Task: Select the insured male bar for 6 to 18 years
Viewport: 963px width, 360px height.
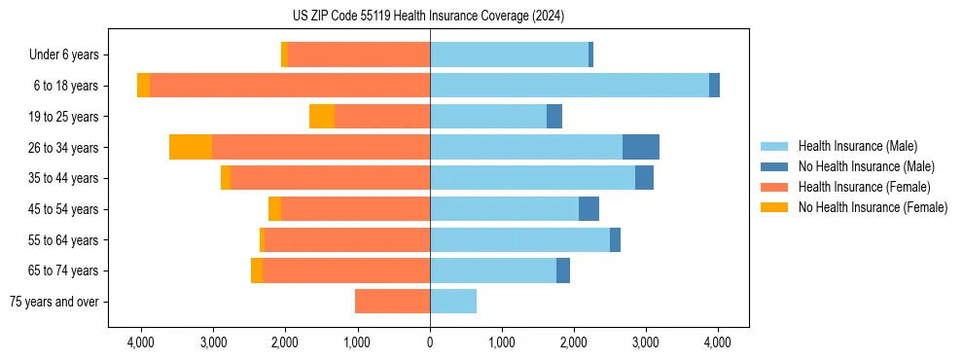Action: point(569,86)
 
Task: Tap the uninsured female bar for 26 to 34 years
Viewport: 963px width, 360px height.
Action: point(191,147)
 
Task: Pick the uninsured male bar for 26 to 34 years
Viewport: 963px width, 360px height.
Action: point(641,147)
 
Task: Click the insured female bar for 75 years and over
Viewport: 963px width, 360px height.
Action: point(392,302)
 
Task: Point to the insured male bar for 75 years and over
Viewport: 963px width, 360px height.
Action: point(453,302)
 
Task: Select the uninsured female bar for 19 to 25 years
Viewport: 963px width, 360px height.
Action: point(322,117)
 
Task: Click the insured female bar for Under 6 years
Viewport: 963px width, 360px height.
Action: point(359,54)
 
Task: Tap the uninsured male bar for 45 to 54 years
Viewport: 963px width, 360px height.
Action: point(588,209)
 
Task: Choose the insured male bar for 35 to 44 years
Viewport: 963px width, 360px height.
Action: point(532,178)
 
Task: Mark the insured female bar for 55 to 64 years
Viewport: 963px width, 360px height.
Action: point(347,240)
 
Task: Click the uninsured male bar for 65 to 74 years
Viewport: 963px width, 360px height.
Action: point(563,270)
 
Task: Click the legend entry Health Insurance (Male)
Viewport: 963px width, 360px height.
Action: point(857,146)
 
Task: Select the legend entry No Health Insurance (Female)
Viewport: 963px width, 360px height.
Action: point(873,207)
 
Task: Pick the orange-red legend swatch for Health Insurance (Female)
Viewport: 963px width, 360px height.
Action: point(774,187)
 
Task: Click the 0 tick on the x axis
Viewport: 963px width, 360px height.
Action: point(430,342)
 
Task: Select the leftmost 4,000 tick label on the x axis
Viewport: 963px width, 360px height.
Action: point(141,342)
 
